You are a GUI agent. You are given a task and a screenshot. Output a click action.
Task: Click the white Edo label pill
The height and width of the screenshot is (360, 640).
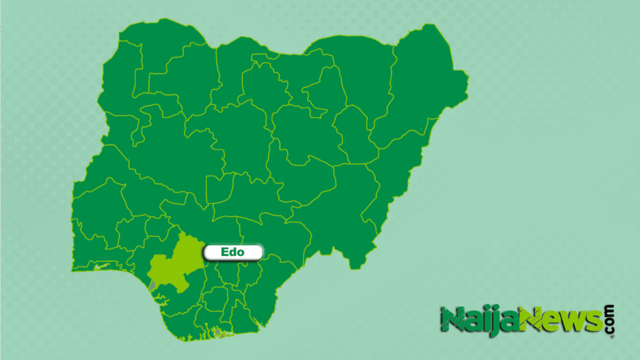[232, 252]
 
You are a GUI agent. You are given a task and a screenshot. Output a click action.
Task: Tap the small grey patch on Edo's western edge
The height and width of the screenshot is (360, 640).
[151, 285]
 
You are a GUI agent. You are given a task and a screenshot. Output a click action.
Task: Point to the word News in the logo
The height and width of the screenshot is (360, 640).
[562, 321]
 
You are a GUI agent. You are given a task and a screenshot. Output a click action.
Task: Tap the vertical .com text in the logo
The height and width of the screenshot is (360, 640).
[609, 321]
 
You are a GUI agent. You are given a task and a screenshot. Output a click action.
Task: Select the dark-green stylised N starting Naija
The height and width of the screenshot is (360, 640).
[453, 319]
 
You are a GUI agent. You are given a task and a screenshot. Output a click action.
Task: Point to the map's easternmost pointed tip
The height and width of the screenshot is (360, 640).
[467, 79]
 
